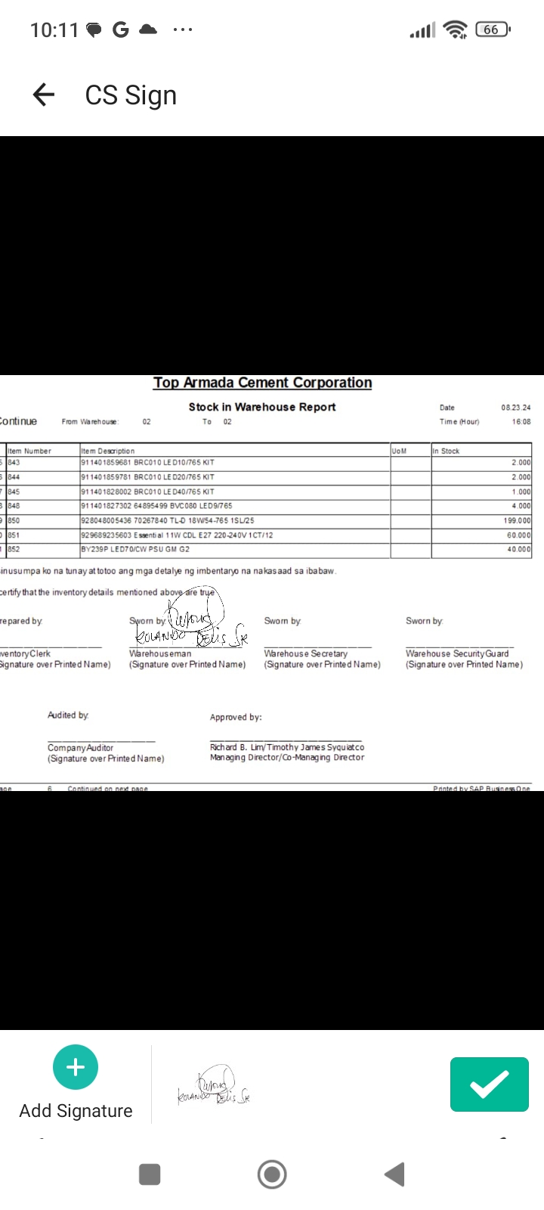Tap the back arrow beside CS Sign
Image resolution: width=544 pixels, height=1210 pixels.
pos(44,95)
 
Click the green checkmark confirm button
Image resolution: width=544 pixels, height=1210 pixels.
pos(489,1084)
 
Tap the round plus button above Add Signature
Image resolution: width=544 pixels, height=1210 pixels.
pos(76,1067)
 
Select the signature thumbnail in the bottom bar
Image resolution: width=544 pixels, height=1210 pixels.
pos(214,1087)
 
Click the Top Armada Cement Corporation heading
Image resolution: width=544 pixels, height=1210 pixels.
pos(262,383)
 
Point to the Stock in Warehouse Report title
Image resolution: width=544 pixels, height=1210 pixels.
pos(262,407)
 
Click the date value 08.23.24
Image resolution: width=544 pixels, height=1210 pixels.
pos(516,408)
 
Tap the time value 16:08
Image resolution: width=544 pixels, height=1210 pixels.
pos(521,422)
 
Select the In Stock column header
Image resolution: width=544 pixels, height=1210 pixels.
pos(446,451)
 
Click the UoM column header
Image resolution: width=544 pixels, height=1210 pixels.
pos(399,451)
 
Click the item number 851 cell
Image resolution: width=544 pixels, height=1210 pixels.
pos(14,535)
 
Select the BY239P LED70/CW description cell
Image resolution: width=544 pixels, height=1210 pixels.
pos(135,550)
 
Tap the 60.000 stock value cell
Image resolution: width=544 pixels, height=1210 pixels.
pos(519,535)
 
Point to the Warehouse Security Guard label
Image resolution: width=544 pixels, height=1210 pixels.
pos(457,653)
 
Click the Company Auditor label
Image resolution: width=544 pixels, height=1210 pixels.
pos(80,748)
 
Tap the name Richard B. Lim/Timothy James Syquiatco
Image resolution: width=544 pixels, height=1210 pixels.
pos(287,747)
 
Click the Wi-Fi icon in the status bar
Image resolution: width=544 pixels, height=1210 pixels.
pos(456,29)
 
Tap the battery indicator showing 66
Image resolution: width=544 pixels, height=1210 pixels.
pos(493,29)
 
